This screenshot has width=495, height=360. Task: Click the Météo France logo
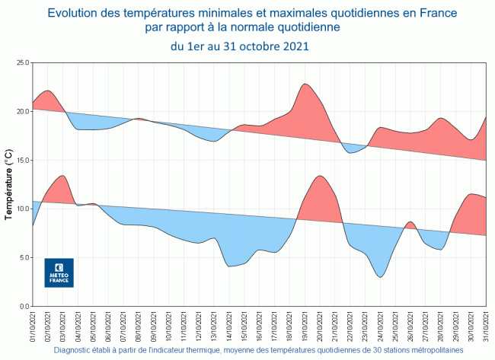pyautogui.click(x=59, y=272)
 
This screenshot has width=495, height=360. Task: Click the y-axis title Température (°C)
pyautogui.click(x=8, y=185)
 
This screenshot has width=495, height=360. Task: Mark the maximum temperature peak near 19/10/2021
pyautogui.click(x=305, y=84)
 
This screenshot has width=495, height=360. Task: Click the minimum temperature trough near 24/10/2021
pyautogui.click(x=380, y=276)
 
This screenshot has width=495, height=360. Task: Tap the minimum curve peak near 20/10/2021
pyautogui.click(x=320, y=176)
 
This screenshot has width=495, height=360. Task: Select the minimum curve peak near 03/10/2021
pyautogui.click(x=62, y=176)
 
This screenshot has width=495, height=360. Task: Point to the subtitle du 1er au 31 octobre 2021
pyautogui.click(x=239, y=46)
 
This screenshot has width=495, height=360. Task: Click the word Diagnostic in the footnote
pyautogui.click(x=75, y=351)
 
